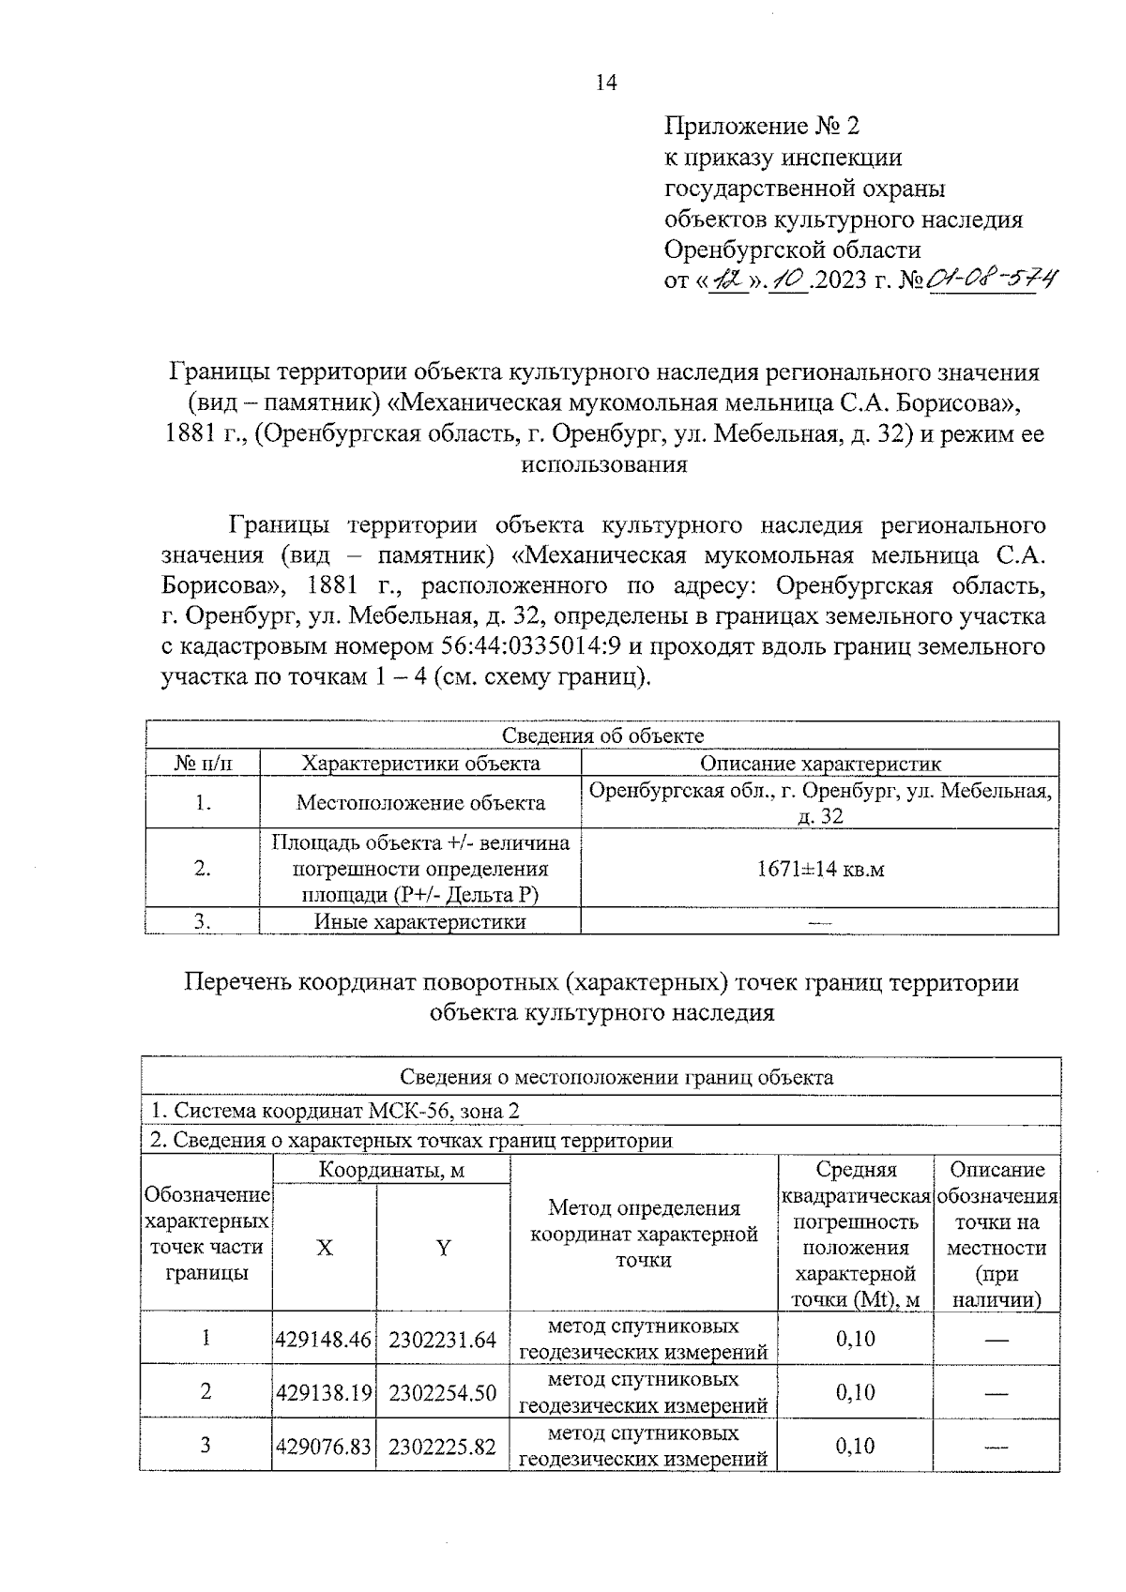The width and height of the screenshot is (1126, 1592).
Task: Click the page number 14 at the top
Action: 606,83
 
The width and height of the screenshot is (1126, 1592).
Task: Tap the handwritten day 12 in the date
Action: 727,279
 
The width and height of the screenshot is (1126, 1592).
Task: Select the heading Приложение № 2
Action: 761,126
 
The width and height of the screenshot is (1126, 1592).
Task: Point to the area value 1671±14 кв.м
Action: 820,869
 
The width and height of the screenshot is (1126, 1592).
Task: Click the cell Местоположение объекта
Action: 420,803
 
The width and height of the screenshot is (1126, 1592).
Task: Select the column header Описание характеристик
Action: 820,764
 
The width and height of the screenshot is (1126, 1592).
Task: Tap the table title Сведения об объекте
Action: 602,735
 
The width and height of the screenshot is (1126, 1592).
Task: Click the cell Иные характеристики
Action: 419,922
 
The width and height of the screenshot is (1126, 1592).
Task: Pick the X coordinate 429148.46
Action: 324,1340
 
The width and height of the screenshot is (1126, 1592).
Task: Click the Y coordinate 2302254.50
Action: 442,1393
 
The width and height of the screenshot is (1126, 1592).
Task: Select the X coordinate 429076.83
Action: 324,1447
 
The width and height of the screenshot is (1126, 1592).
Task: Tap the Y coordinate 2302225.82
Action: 442,1447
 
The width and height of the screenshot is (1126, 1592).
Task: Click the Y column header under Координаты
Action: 443,1248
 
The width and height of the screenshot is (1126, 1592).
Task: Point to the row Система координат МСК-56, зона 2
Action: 335,1112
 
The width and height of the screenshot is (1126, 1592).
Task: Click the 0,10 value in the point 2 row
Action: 855,1393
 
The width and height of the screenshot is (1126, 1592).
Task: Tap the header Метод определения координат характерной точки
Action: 644,1234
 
